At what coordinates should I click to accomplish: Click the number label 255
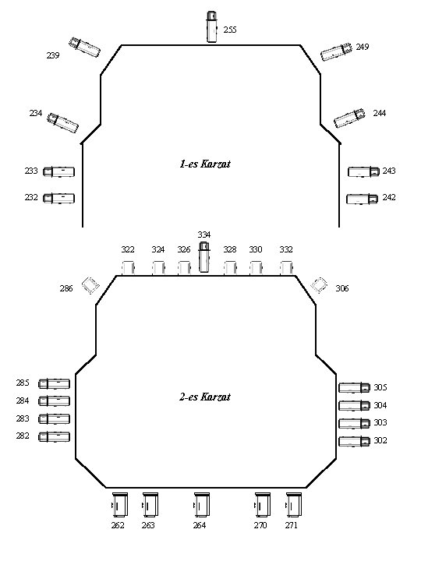click(230, 30)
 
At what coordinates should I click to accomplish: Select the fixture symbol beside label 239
click(84, 47)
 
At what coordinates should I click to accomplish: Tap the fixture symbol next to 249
click(337, 52)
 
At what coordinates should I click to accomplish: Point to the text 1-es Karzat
click(205, 164)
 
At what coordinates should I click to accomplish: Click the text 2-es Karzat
click(205, 397)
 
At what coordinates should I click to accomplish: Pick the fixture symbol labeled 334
click(204, 257)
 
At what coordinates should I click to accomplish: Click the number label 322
click(128, 249)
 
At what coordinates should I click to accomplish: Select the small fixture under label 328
click(230, 268)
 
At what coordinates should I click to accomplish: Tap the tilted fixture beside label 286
click(90, 285)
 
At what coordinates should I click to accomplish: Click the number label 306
click(342, 288)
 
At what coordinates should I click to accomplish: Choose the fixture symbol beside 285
click(54, 384)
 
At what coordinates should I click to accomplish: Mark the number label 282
click(23, 436)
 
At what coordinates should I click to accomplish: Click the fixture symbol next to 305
click(355, 387)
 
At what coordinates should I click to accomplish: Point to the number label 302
click(380, 440)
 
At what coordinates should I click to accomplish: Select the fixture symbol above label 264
click(202, 504)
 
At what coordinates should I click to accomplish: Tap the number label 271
click(292, 525)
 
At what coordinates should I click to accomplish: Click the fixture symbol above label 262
click(120, 504)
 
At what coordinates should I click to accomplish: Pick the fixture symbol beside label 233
click(59, 171)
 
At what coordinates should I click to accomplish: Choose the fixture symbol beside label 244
click(350, 118)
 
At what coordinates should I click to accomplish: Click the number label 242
click(389, 197)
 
